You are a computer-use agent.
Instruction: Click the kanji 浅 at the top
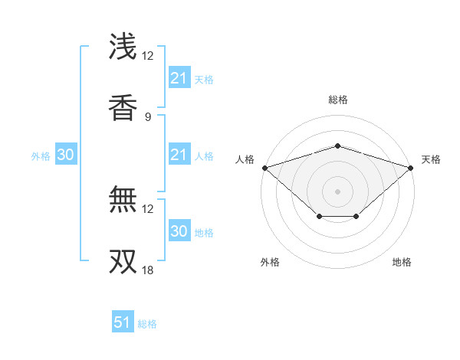pyautogui.click(x=123, y=47)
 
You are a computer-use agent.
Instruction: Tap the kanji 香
pyautogui.click(x=123, y=107)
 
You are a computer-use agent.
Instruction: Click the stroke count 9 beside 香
pyautogui.click(x=148, y=116)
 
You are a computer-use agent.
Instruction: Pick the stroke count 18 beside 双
pyautogui.click(x=147, y=270)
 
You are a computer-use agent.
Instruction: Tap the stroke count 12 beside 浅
pyautogui.click(x=147, y=56)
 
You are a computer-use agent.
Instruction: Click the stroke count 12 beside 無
pyautogui.click(x=147, y=208)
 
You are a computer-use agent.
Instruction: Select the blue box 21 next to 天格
pyautogui.click(x=179, y=78)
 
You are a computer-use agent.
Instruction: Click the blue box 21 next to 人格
pyautogui.click(x=179, y=155)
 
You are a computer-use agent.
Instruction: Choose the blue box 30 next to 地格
pyautogui.click(x=179, y=231)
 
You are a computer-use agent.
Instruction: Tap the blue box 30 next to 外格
pyautogui.click(x=66, y=155)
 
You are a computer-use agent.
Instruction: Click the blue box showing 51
pyautogui.click(x=123, y=323)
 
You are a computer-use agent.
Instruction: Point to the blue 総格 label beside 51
pyautogui.click(x=147, y=324)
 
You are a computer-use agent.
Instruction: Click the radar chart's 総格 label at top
pyautogui.click(x=337, y=100)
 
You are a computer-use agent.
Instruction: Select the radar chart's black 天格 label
pyautogui.click(x=431, y=159)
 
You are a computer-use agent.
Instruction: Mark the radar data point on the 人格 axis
pyautogui.click(x=264, y=168)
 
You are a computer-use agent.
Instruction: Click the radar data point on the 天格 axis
pyautogui.click(x=411, y=168)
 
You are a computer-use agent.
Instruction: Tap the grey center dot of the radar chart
pyautogui.click(x=337, y=191)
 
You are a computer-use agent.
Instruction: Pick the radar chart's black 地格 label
pyautogui.click(x=402, y=262)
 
